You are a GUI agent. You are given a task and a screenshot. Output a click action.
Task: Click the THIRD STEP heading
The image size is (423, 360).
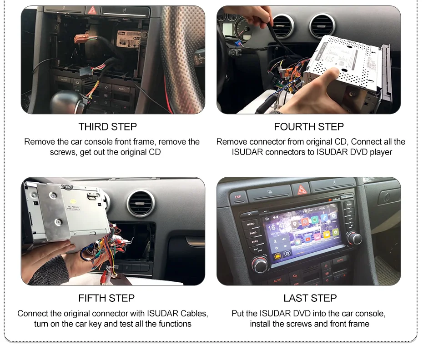coord(107,126)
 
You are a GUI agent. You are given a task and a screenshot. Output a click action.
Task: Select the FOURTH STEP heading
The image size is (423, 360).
coord(309,126)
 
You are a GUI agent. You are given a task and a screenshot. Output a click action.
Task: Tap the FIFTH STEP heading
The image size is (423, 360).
coord(106,298)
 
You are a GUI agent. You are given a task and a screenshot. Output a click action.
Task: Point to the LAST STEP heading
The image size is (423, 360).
coord(310,298)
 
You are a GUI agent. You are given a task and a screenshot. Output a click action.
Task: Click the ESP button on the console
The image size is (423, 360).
coord(237,197)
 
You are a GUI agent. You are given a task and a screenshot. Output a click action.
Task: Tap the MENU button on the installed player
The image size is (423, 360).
coord(251,224)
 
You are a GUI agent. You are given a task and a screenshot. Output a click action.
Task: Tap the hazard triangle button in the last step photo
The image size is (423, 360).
coord(302,190)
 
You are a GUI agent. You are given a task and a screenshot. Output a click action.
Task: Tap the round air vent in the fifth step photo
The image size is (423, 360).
coord(141,203)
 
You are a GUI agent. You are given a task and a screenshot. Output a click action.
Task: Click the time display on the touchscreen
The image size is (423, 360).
coord(272,228)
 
